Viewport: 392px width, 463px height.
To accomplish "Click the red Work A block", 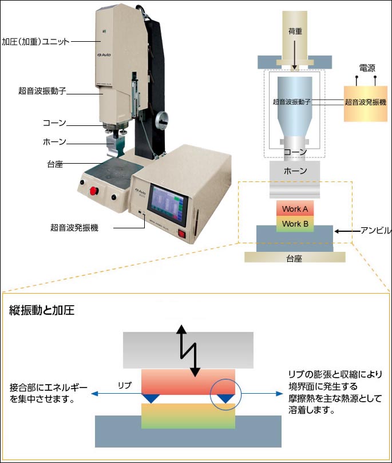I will click(x=295, y=209).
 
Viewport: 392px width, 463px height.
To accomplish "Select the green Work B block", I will click(x=295, y=224).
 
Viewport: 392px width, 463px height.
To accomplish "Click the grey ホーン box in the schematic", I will click(x=295, y=171).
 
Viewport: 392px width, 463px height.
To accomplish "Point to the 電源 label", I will click(x=367, y=68).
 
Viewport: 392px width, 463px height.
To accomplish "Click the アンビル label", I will click(x=375, y=231).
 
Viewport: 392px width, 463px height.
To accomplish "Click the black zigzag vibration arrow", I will click(x=189, y=350).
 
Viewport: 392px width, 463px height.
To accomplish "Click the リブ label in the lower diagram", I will click(x=125, y=386).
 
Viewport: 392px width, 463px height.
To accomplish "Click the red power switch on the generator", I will click(x=182, y=234).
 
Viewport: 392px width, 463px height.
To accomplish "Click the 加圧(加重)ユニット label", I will click(x=35, y=41).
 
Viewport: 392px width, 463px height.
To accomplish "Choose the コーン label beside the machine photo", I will click(x=55, y=123).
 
